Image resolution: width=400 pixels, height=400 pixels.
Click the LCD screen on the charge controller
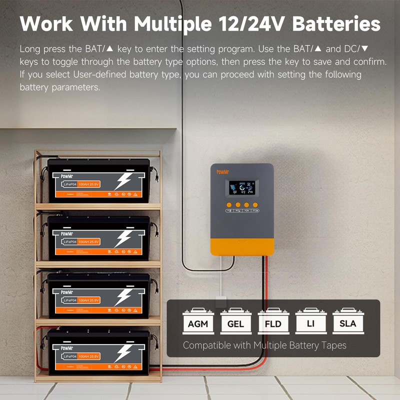[x=242, y=188]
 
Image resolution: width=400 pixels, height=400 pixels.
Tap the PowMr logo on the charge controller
[x=222, y=172]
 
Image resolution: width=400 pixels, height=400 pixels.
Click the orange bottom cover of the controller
[x=242, y=246]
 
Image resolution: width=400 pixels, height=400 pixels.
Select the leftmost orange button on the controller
[x=228, y=205]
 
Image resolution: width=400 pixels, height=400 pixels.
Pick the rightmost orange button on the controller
[x=255, y=205]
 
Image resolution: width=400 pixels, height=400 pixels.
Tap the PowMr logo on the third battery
[x=66, y=291]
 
